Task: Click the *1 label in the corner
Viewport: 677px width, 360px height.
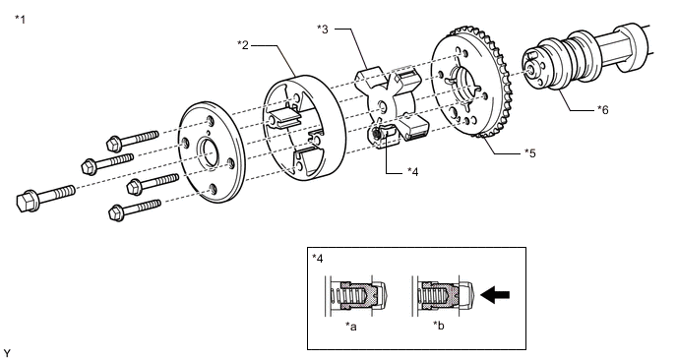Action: click(x=21, y=20)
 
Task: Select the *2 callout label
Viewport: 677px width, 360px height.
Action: click(x=243, y=45)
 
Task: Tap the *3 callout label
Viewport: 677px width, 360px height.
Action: click(x=323, y=30)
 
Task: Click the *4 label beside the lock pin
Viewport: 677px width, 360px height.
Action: click(x=412, y=172)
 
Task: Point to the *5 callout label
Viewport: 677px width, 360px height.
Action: click(x=529, y=152)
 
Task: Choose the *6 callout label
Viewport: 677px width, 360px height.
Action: click(x=603, y=110)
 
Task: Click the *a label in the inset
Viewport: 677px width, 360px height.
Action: click(x=351, y=327)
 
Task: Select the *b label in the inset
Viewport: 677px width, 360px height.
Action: click(x=439, y=326)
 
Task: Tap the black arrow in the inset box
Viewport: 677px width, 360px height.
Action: click(x=495, y=295)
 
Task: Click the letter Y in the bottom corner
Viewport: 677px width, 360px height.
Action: click(x=7, y=353)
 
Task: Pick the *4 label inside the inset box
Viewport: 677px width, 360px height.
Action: click(x=317, y=259)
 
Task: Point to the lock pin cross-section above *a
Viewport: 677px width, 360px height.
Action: click(x=358, y=296)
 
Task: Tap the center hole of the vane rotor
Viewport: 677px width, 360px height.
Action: click(x=382, y=106)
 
